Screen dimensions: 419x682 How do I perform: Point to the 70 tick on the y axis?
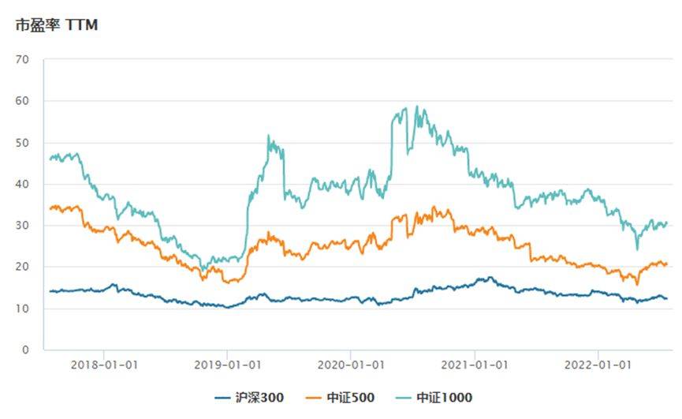click(22, 60)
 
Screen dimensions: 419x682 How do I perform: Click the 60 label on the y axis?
click(22, 101)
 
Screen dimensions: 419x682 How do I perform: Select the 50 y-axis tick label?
click(22, 143)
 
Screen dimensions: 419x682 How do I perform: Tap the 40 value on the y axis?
click(22, 184)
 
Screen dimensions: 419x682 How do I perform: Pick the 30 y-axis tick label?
click(22, 226)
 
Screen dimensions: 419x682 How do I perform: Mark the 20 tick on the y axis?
click(22, 267)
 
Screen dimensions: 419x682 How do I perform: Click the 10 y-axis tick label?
click(22, 309)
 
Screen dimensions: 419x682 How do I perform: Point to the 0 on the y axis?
click(25, 350)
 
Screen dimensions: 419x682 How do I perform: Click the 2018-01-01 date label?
click(103, 365)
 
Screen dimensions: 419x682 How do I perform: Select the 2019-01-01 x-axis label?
click(227, 365)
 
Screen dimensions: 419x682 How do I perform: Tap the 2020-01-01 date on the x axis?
click(351, 365)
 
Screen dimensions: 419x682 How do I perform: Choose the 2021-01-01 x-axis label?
click(475, 365)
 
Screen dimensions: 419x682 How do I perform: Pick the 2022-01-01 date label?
click(598, 365)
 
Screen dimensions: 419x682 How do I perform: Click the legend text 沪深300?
click(260, 398)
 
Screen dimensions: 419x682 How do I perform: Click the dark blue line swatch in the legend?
click(224, 398)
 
